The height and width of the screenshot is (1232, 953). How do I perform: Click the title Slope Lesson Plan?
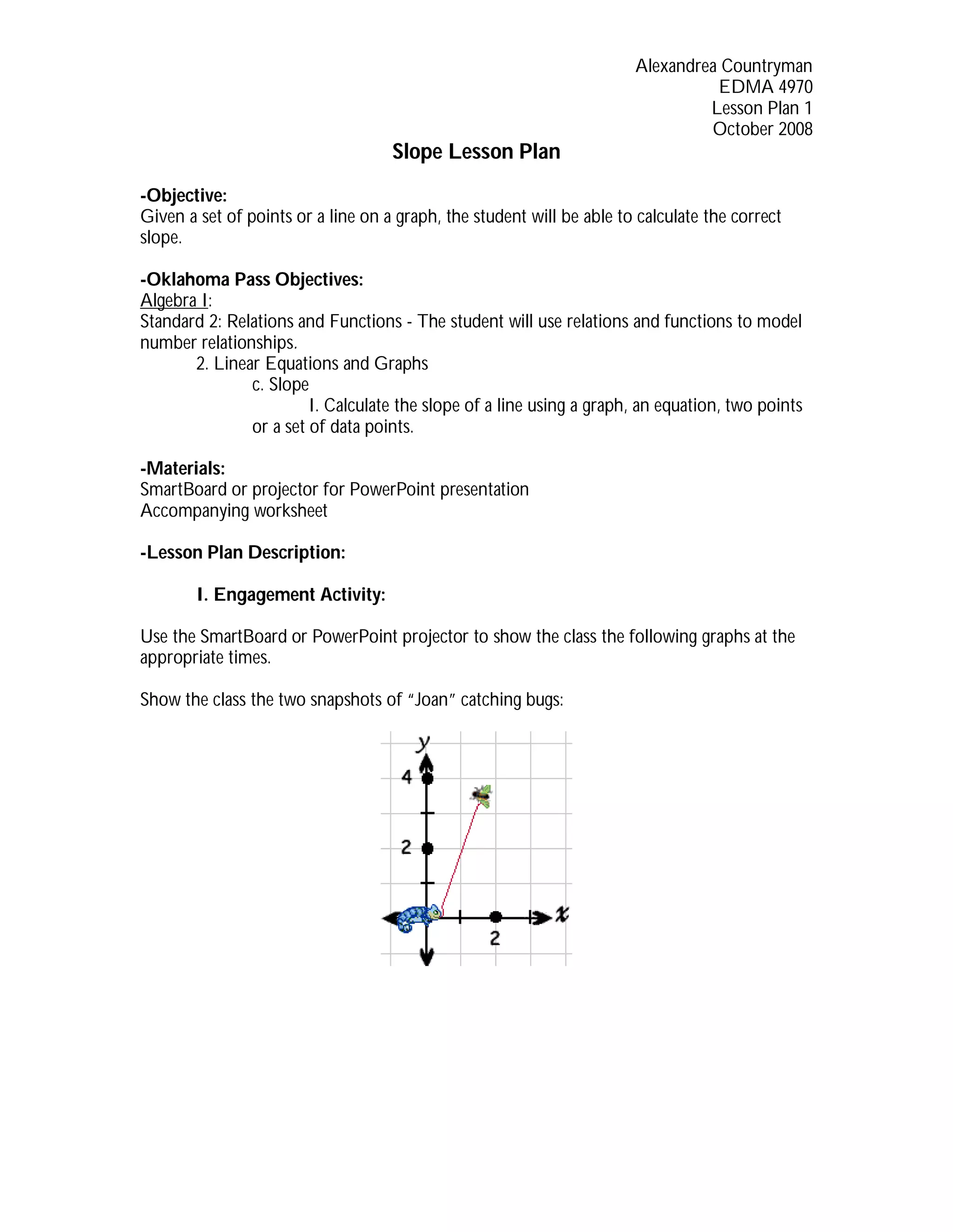pyautogui.click(x=476, y=152)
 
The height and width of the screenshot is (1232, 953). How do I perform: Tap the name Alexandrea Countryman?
pyautogui.click(x=723, y=66)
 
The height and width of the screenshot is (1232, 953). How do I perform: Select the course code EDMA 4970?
pyautogui.click(x=765, y=87)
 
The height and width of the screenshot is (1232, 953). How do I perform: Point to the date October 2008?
pyautogui.click(x=762, y=129)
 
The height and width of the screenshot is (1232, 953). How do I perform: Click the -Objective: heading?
pyautogui.click(x=183, y=195)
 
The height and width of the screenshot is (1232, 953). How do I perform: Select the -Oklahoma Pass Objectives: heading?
pyautogui.click(x=251, y=279)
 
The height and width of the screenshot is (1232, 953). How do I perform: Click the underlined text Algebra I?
pyautogui.click(x=174, y=300)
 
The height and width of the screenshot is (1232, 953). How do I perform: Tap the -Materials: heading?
pyautogui.click(x=182, y=468)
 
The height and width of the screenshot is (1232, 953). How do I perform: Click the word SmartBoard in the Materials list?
pyautogui.click(x=183, y=489)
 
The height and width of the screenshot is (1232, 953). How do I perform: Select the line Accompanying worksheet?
pyautogui.click(x=234, y=510)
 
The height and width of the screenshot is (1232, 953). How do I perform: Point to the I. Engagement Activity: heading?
pyautogui.click(x=291, y=595)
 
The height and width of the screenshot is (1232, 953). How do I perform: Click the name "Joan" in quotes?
pyautogui.click(x=431, y=700)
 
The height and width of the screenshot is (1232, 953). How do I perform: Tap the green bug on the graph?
pyautogui.click(x=482, y=795)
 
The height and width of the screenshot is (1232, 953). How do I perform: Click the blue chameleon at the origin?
pyautogui.click(x=418, y=917)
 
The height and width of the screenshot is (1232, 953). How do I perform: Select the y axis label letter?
pyautogui.click(x=423, y=744)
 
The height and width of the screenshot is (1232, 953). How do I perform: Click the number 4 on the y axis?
pyautogui.click(x=407, y=777)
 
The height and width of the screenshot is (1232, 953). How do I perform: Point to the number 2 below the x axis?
pyautogui.click(x=495, y=938)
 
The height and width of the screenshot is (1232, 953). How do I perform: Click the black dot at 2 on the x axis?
pyautogui.click(x=496, y=917)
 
